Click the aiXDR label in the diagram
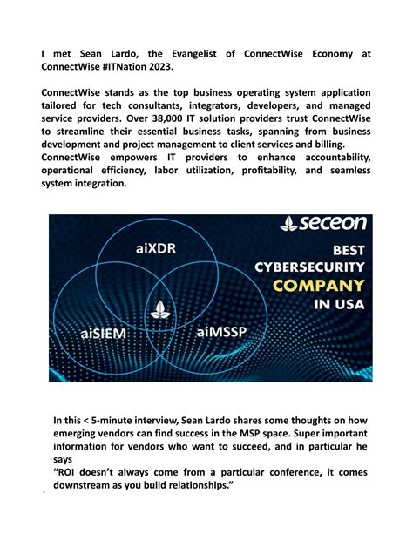pyautogui.click(x=158, y=249)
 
